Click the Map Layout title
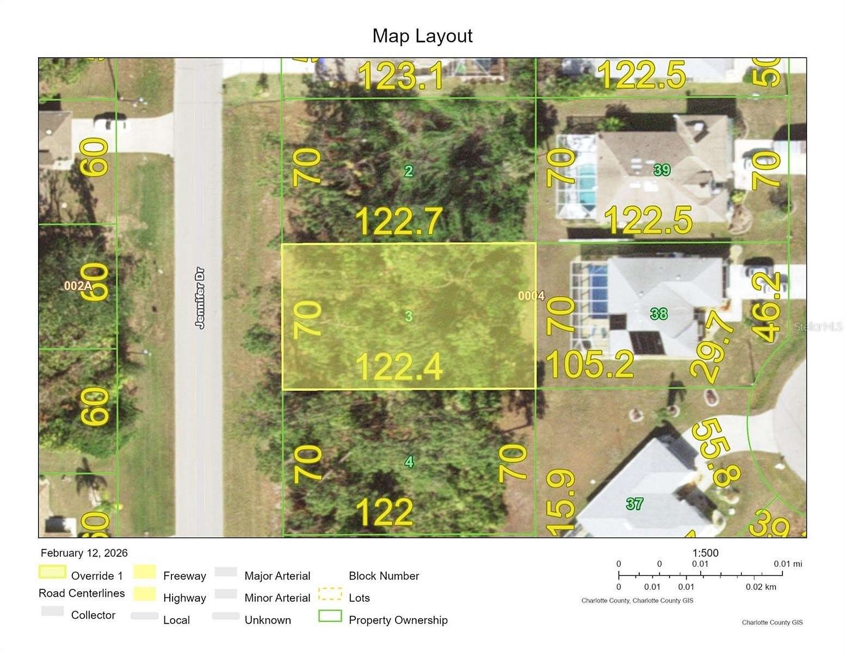tap(422, 36)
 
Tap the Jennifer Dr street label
tap(200, 297)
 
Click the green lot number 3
tap(409, 316)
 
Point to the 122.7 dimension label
tap(398, 221)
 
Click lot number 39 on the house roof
tap(662, 170)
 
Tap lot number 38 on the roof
tap(659, 313)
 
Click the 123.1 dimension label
tap(402, 76)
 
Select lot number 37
tap(634, 504)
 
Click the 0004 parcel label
tap(531, 295)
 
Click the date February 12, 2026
tap(84, 553)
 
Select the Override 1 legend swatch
tap(53, 572)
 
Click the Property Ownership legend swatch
tap(330, 616)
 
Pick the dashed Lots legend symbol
tap(330, 594)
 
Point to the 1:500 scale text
tap(705, 553)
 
